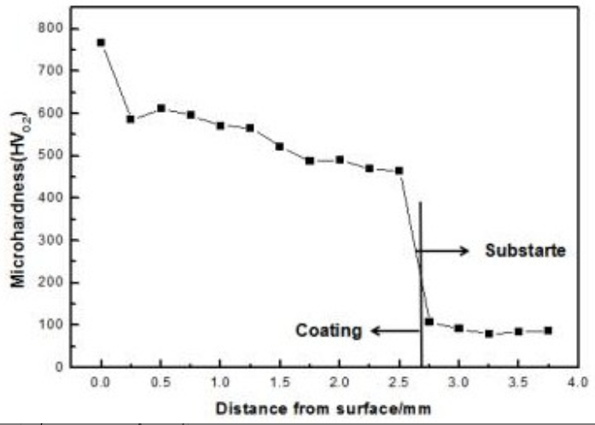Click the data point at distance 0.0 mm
[102, 42]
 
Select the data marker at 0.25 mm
[131, 119]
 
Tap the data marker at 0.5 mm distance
[160, 108]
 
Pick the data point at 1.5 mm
[280, 147]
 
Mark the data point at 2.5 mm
[399, 171]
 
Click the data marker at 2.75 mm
[429, 322]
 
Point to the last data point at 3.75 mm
[548, 330]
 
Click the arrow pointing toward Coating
[394, 331]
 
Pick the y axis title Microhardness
[17, 196]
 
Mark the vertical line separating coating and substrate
[421, 282]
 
